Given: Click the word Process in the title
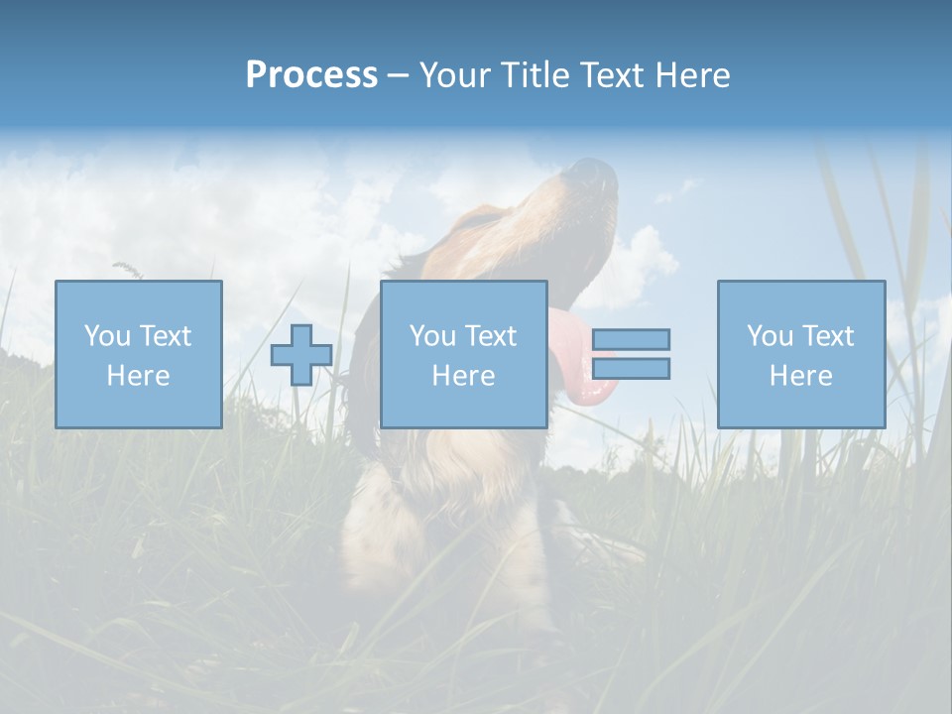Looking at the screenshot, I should click(x=311, y=75).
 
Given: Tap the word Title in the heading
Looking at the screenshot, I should click(x=536, y=75).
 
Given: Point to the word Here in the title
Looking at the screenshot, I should click(x=691, y=75).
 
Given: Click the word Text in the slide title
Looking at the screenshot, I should click(x=610, y=75).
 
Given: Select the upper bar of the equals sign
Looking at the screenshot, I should click(x=631, y=339).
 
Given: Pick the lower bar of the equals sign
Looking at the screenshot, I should click(x=631, y=368).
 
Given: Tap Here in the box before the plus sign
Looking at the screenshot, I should click(x=139, y=376).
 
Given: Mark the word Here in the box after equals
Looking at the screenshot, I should click(x=801, y=376).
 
